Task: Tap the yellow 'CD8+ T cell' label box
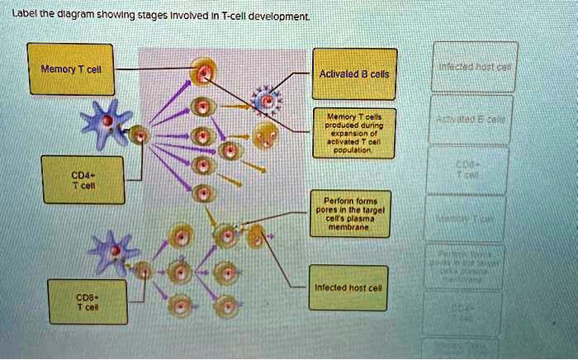[88, 301]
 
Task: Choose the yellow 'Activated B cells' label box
[353, 75]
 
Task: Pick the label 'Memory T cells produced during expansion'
[353, 131]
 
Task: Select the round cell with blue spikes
[267, 100]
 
